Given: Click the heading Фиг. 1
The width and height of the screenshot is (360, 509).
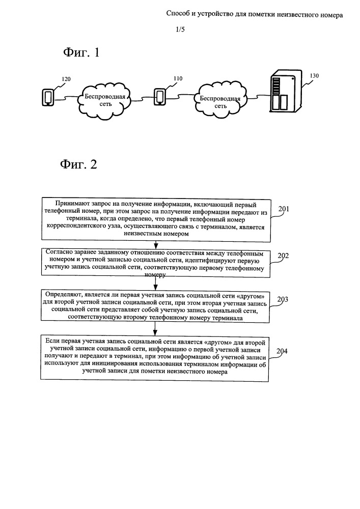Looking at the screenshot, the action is (81, 52).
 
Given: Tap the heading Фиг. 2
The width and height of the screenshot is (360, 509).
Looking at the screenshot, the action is (78, 164).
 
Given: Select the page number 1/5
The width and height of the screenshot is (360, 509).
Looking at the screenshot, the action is (180, 30).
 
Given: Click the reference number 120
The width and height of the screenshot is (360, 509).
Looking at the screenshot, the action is (66, 79).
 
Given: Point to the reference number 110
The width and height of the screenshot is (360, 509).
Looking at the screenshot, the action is (178, 78).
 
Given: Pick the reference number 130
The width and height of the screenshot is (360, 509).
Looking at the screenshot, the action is (314, 76).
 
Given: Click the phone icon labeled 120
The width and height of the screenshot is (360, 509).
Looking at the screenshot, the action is (48, 97).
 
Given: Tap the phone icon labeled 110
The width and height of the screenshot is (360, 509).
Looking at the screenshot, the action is (160, 96).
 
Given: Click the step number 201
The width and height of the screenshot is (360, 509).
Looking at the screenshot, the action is (284, 209).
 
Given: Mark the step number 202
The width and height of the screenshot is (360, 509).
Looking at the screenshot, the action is (283, 256).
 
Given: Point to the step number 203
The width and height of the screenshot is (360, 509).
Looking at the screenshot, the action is (283, 299).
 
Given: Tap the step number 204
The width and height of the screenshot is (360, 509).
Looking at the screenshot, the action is (282, 351).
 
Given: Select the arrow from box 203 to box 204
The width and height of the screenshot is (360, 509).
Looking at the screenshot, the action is (155, 329).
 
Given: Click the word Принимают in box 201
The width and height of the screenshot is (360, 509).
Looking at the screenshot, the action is (71, 204).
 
